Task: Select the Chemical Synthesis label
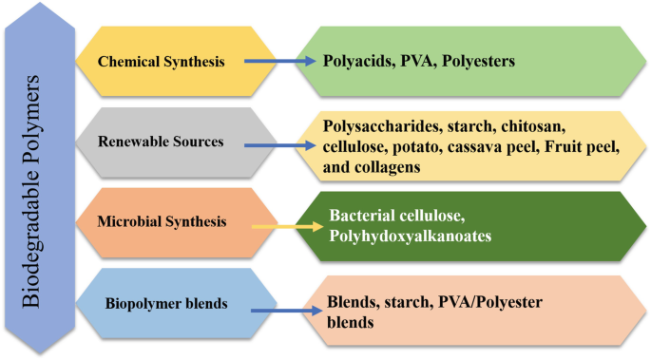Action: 161,62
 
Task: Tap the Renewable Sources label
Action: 161,142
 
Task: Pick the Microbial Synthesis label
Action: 161,221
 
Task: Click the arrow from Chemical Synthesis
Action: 279,62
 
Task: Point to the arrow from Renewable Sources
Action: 280,146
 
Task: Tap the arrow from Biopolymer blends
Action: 279,309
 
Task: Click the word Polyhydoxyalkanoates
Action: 411,237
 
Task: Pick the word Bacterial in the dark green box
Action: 363,218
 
